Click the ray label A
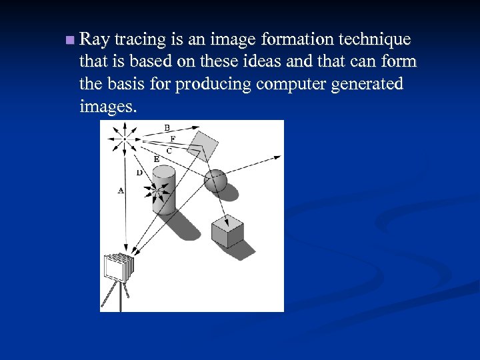121,190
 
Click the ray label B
167,127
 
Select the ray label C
169,151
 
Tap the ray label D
139,173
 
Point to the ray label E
156,159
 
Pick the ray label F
173,139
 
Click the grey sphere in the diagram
215,180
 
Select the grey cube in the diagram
227,231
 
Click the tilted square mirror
204,145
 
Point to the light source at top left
125,139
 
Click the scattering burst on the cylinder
157,192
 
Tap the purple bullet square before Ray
70,41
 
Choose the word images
108,107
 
